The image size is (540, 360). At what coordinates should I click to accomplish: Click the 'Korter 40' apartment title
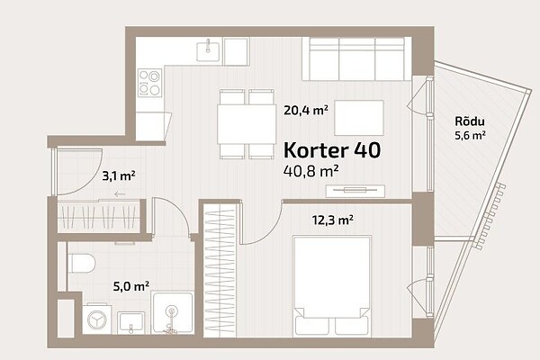coord(332,150)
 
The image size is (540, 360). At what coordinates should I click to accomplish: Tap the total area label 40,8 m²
coord(310,171)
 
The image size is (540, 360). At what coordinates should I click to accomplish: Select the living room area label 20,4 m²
coord(306,110)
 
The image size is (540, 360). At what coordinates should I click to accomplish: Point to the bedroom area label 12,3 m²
coord(333,220)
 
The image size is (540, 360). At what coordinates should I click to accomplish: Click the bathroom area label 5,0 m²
coord(131,286)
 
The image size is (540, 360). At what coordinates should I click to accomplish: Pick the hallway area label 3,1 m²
coord(119,175)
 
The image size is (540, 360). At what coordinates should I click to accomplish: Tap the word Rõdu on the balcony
coord(470,121)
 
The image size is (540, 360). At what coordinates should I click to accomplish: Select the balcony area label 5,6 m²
coord(470,135)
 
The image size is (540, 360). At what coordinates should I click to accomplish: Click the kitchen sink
coord(208,51)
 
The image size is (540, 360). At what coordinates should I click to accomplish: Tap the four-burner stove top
coord(149,83)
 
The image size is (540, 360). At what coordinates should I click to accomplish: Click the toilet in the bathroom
coord(81,264)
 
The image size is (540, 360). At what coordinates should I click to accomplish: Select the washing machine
coord(97,319)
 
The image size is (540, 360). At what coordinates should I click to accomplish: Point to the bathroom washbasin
coord(130,323)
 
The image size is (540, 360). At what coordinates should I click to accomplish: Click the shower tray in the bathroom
coord(173,313)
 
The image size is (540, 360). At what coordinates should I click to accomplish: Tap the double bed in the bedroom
coord(332,285)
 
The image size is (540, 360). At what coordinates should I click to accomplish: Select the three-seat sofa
coord(356,58)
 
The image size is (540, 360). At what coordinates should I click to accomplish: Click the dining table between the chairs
coord(247,124)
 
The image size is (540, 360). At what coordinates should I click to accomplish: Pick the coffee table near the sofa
coord(359,118)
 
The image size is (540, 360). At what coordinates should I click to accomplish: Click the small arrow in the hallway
coord(120,194)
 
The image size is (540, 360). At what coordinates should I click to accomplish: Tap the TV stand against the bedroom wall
coord(355,191)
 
